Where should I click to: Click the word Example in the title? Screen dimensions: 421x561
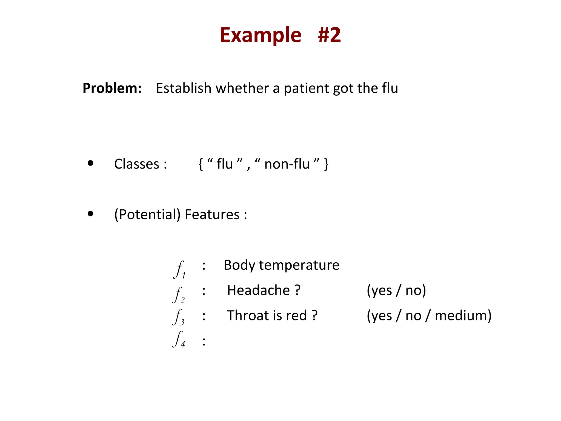click(261, 35)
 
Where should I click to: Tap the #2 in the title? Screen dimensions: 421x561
click(329, 35)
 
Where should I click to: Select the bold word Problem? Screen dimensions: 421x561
click(112, 88)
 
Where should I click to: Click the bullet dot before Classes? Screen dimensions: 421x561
click(90, 163)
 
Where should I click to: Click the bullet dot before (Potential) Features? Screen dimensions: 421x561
click(90, 214)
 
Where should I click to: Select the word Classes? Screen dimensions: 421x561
click(137, 164)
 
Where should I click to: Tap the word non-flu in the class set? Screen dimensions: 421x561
click(287, 164)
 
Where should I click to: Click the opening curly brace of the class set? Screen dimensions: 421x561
click(201, 164)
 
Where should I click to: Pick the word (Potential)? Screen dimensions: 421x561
click(147, 214)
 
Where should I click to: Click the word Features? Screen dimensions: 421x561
click(212, 214)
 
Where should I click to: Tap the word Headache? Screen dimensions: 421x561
click(258, 290)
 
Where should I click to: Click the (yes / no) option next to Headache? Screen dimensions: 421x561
click(396, 290)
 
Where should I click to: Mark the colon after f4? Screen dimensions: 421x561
click(204, 341)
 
